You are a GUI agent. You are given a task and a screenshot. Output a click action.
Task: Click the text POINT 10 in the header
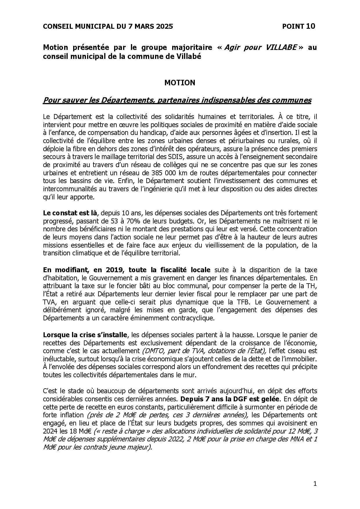click(298, 26)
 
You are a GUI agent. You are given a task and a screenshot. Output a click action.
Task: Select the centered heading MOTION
click(180, 83)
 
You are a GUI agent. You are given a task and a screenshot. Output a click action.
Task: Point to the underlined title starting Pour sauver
click(177, 100)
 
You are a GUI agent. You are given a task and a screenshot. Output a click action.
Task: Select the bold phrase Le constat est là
click(70, 213)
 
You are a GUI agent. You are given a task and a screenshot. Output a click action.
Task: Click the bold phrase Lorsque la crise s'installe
click(85, 335)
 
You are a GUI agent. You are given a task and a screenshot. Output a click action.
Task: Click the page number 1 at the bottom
click(315, 483)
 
